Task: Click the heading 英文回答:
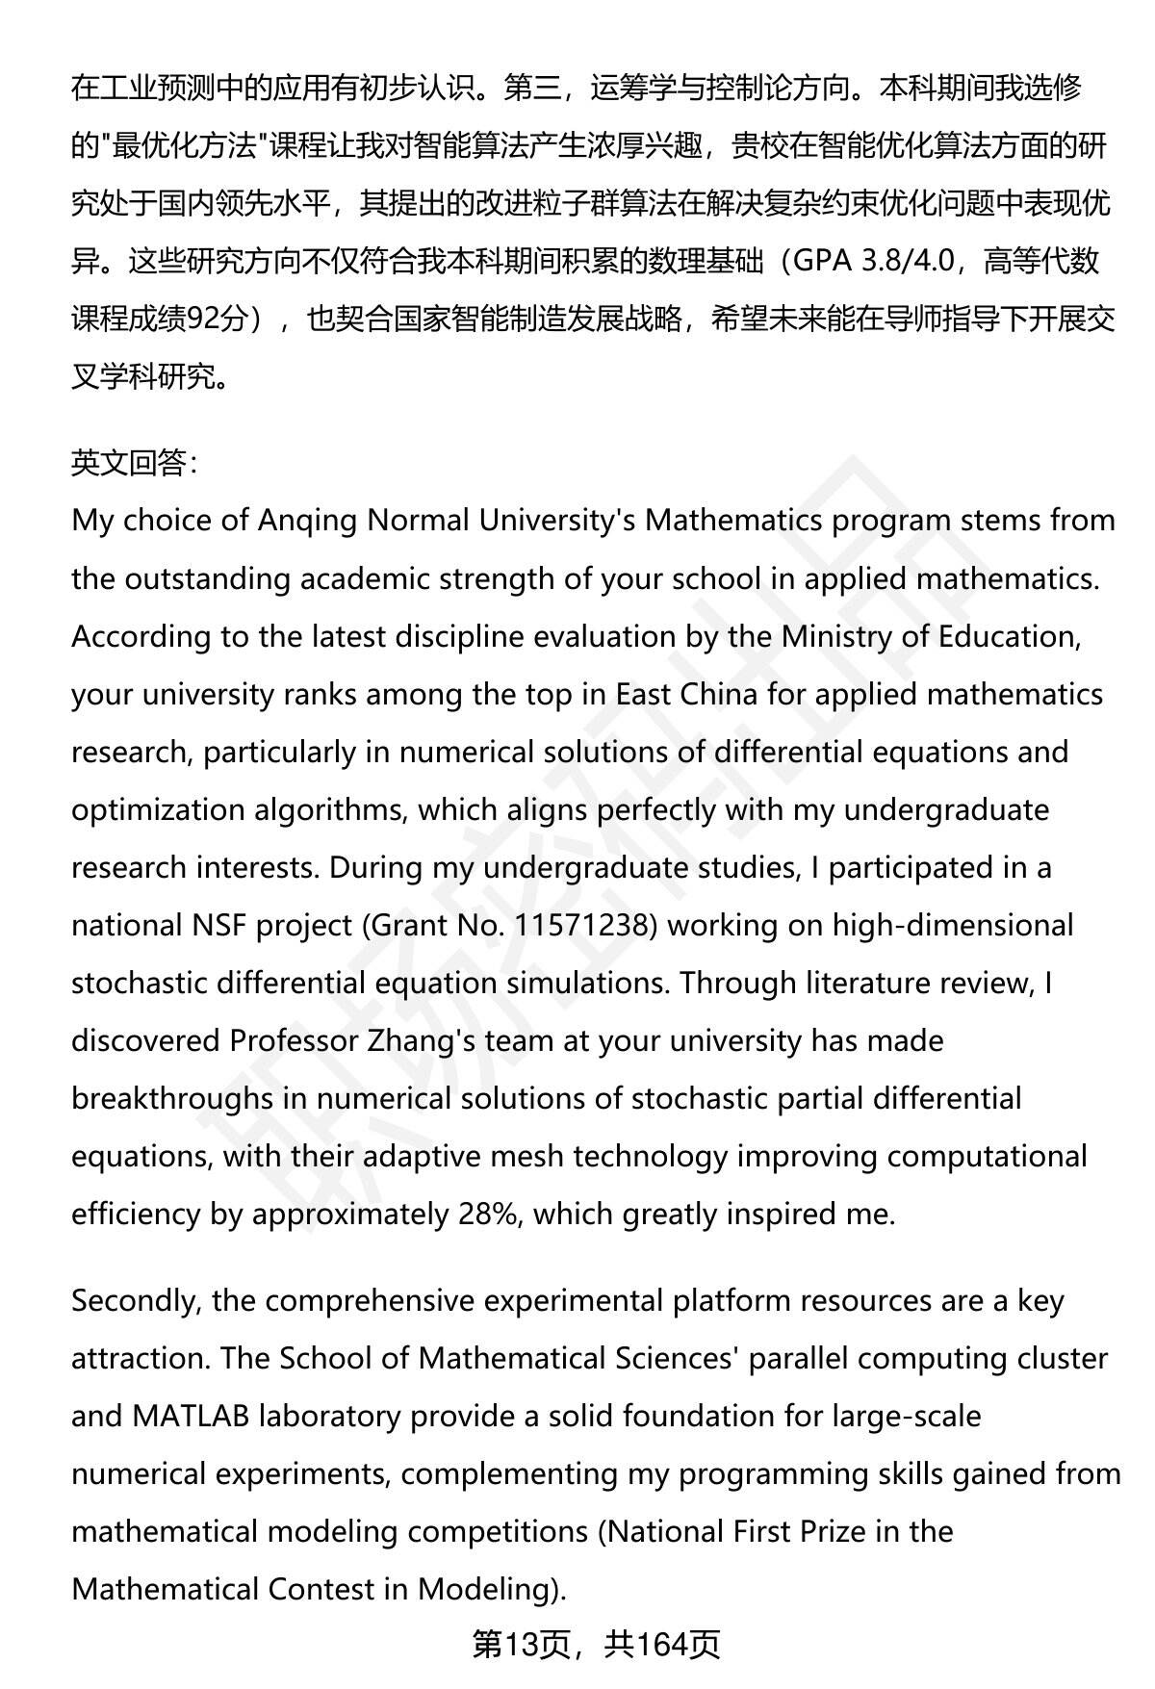[x=135, y=464]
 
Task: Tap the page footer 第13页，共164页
[x=596, y=1646]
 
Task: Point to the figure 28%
[x=489, y=1215]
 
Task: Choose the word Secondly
[x=136, y=1301]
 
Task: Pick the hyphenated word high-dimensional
[x=952, y=926]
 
